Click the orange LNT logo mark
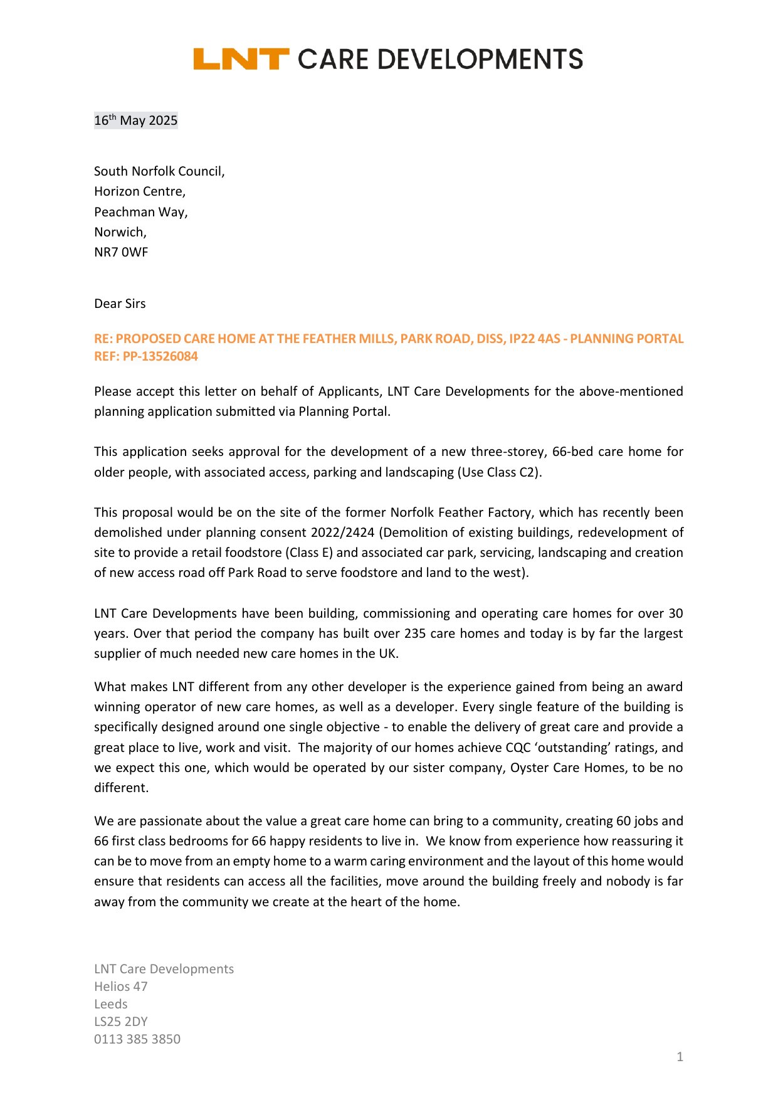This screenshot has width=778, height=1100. tap(241, 59)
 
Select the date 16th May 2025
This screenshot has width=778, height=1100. tap(136, 120)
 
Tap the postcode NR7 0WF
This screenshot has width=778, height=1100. tap(121, 252)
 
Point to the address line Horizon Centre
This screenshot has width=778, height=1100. tap(140, 191)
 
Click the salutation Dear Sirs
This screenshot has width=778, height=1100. tap(120, 304)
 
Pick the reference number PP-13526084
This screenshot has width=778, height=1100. tap(160, 356)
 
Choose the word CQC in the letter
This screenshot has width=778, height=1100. tap(518, 748)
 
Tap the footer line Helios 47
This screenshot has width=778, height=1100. tap(121, 986)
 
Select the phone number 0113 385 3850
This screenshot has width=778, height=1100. tap(137, 1039)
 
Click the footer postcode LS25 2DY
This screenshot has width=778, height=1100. tap(121, 1022)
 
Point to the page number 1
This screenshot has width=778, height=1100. tap(680, 1057)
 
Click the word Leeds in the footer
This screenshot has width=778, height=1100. tap(111, 1004)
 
